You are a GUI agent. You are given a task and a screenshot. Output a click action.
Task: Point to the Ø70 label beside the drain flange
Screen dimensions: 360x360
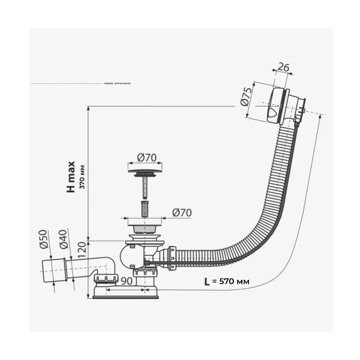point(182,213)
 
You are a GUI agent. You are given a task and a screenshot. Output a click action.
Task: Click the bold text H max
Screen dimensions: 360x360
point(71,176)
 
